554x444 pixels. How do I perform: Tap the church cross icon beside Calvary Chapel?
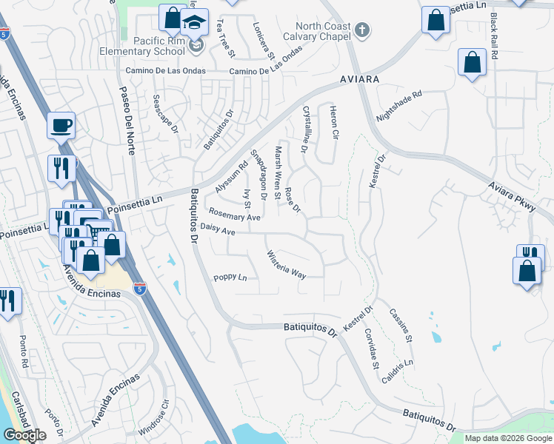(x=361, y=30)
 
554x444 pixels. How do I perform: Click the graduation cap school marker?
(x=195, y=22)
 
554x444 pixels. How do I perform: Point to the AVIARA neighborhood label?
(x=360, y=78)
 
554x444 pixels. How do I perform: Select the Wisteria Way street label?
(x=287, y=264)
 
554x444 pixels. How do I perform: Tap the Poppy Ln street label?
(x=230, y=278)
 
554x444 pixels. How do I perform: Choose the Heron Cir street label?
(x=334, y=124)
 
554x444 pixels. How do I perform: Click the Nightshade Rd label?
(x=398, y=106)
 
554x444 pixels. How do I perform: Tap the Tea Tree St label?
(x=225, y=39)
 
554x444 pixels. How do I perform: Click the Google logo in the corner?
(x=24, y=435)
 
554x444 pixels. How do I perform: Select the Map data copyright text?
(x=508, y=438)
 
